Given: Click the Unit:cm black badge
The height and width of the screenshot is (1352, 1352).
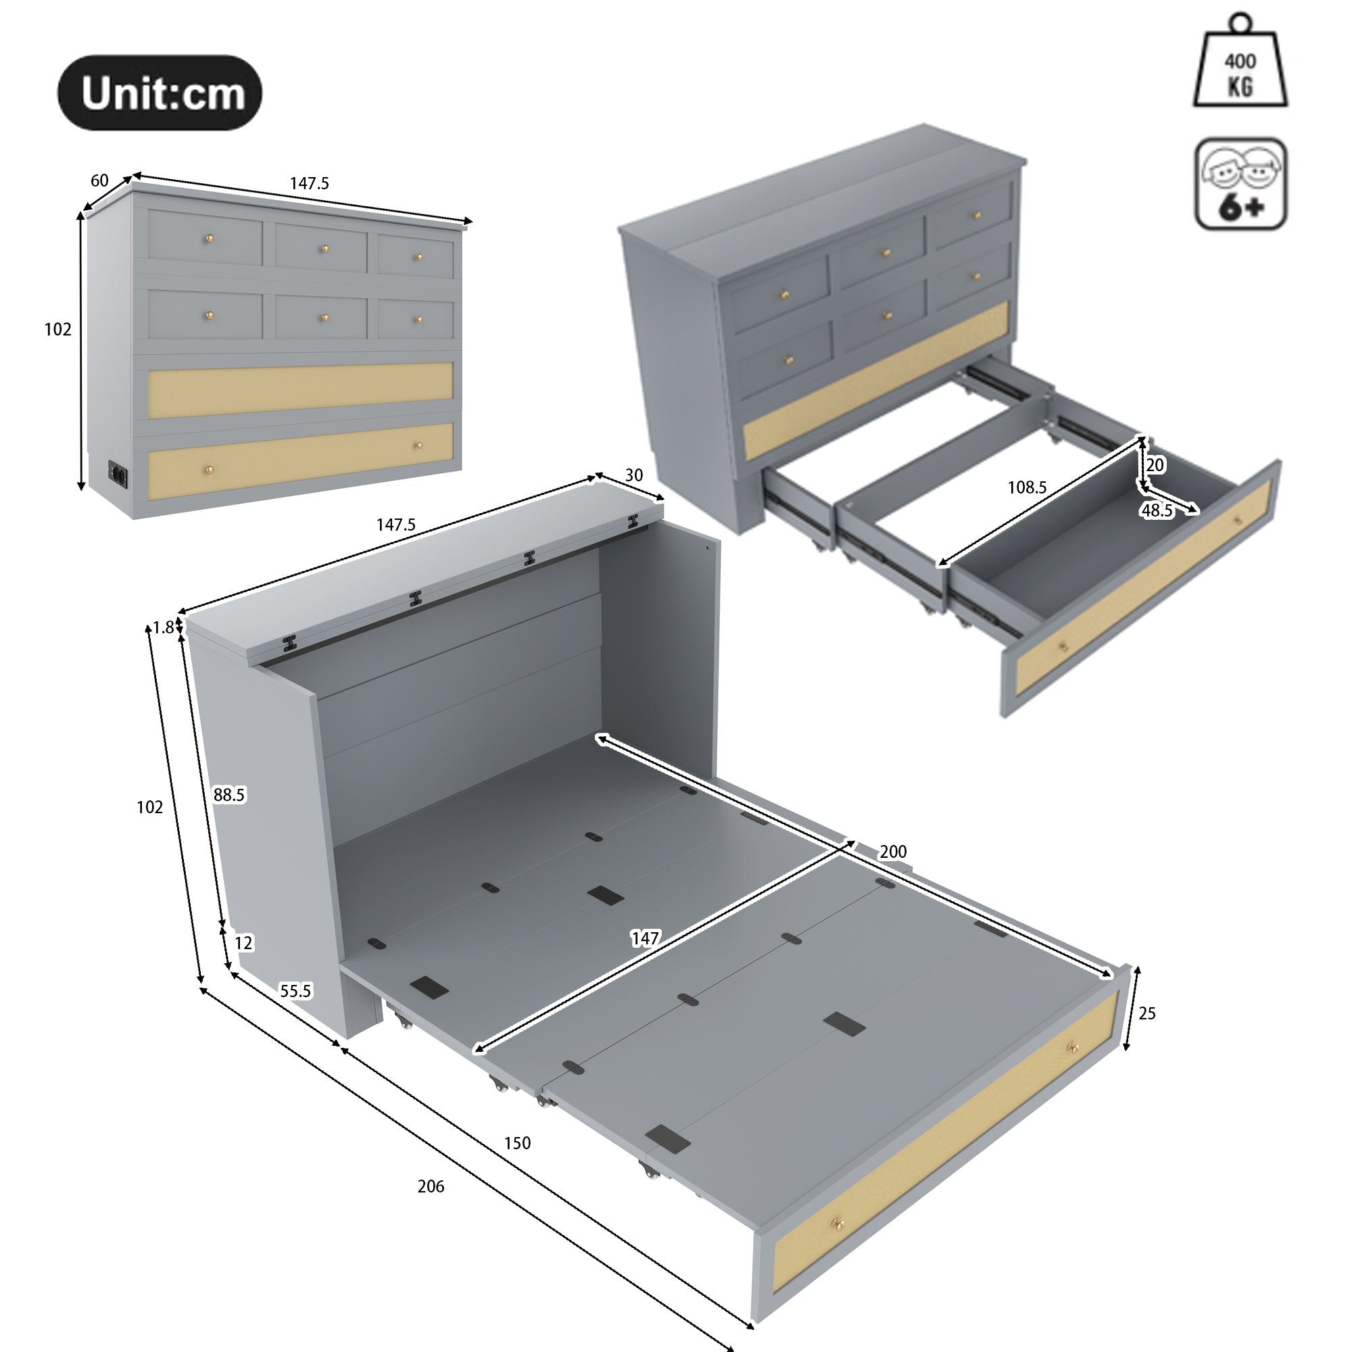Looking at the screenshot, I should coord(160,93).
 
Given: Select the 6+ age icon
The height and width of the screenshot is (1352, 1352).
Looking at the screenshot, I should coord(1240,184).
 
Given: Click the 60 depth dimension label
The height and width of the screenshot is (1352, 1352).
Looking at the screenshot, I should coord(99,180).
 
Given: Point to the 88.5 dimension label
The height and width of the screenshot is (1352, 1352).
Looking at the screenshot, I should coord(229,795).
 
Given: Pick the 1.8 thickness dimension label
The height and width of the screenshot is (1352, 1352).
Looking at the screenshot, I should coord(163,628).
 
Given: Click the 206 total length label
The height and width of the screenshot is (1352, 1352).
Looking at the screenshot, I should coord(431,1186).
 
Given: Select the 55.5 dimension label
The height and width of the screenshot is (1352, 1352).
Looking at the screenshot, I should coord(295,991).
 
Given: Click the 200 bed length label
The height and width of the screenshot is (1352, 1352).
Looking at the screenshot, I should coord(893,852).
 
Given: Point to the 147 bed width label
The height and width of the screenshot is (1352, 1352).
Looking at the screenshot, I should coord(644,938).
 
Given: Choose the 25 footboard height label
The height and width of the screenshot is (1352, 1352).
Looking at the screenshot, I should coord(1147,1013).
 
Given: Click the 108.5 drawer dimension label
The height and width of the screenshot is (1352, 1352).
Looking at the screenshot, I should coord(1027,488).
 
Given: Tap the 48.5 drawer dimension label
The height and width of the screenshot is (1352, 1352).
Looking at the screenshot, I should coord(1157,511).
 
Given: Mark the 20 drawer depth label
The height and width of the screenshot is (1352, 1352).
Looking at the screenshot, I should coord(1155,464).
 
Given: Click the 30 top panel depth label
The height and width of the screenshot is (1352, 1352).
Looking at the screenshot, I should coord(633,475).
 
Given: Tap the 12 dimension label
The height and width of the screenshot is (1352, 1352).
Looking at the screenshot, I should coord(243,943).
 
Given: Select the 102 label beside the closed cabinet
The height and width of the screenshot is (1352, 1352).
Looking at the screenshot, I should coord(57,330).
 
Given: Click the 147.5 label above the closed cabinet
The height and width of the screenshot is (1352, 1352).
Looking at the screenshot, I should coord(310,183).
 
